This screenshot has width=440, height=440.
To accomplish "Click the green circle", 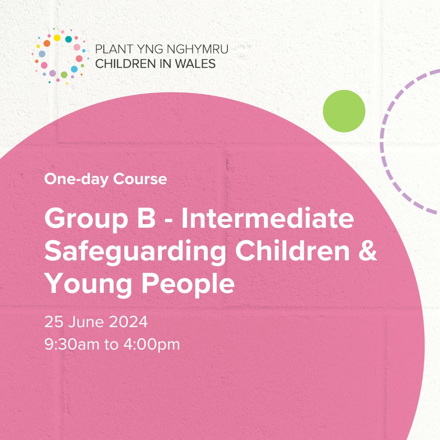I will [x=344, y=111].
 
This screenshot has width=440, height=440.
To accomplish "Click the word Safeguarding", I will [x=135, y=253].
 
